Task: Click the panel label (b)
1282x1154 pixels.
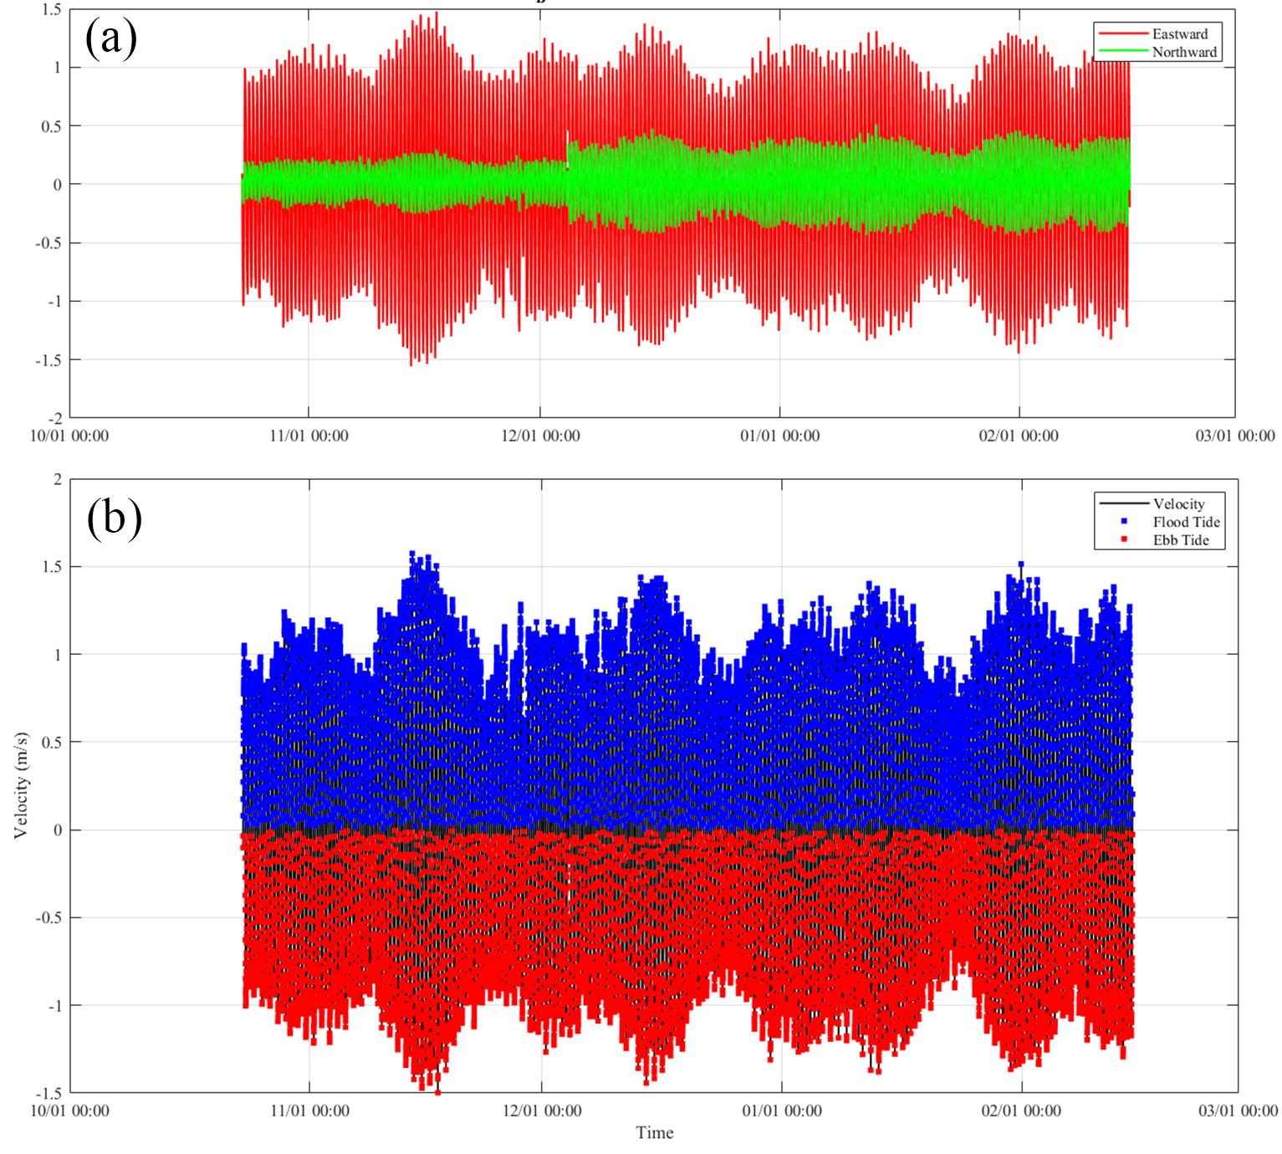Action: (114, 518)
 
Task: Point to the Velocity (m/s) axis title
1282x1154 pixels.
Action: (21, 785)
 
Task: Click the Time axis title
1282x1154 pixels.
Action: (654, 1133)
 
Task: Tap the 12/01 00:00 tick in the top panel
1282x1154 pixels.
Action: (540, 436)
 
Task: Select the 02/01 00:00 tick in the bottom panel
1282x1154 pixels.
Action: (1021, 1111)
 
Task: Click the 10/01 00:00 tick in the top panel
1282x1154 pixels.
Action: (69, 436)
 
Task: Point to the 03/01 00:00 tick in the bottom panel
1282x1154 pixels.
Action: (1238, 1111)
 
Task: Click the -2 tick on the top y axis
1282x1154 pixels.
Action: (54, 418)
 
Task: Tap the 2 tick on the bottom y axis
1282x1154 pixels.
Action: (58, 479)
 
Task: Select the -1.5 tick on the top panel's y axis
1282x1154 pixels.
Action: (49, 360)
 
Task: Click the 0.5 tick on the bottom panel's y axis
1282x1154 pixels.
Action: (52, 743)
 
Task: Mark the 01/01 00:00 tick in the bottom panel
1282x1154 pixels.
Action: (782, 1111)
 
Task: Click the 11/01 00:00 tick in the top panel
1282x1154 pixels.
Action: (309, 436)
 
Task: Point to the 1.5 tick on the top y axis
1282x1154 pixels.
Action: (52, 9)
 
